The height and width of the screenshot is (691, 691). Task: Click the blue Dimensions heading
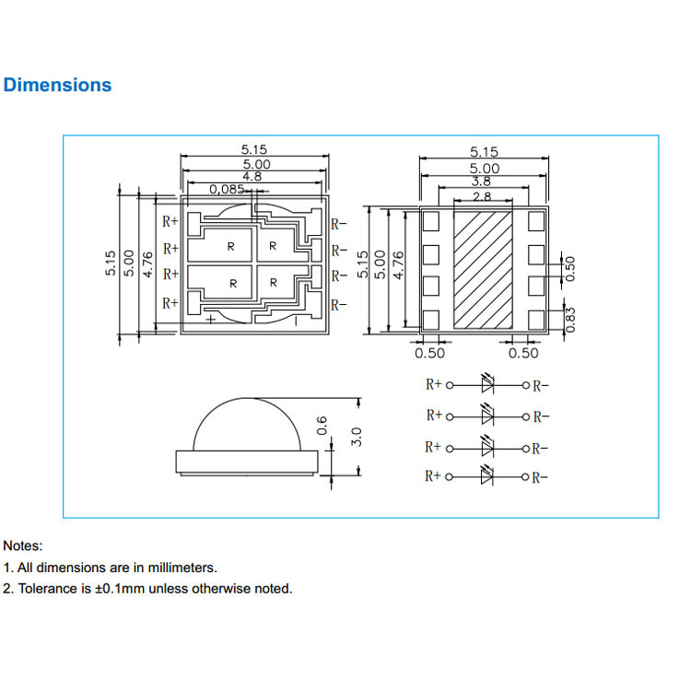pyautogui.click(x=57, y=85)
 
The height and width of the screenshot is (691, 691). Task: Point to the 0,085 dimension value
pyautogui.click(x=227, y=189)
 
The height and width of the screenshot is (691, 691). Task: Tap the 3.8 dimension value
pyautogui.click(x=481, y=182)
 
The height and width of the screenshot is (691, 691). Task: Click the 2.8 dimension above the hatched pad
pyautogui.click(x=481, y=196)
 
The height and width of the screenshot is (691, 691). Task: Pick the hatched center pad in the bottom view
pyautogui.click(x=483, y=269)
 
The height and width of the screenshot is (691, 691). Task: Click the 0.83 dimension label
pyautogui.click(x=571, y=319)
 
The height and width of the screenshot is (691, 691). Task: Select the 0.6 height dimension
pyautogui.click(x=322, y=425)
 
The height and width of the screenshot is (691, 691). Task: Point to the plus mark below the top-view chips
pyautogui.click(x=212, y=319)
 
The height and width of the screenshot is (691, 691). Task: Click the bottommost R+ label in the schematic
pyautogui.click(x=433, y=476)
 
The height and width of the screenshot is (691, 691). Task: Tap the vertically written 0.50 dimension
pyautogui.click(x=570, y=268)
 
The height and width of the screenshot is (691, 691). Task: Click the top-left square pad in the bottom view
pyautogui.click(x=430, y=221)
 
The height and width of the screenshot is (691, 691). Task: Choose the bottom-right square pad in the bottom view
pyautogui.click(x=535, y=319)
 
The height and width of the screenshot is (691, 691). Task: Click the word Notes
pyautogui.click(x=22, y=546)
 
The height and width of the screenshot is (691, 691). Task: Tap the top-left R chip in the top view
pyautogui.click(x=231, y=247)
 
